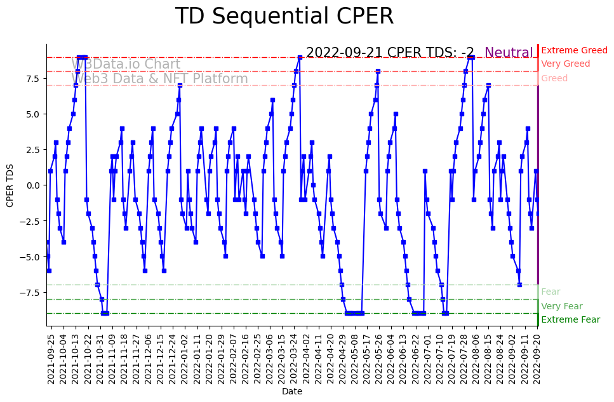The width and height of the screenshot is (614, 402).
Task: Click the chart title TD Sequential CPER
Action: [x=284, y=17]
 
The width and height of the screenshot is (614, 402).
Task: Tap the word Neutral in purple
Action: [x=509, y=53]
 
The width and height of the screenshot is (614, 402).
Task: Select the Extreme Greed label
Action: [x=574, y=50]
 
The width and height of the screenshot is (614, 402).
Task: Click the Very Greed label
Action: [x=565, y=64]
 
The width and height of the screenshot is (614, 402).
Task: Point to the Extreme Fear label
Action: [x=570, y=319]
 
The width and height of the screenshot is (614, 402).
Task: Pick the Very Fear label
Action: [x=561, y=306]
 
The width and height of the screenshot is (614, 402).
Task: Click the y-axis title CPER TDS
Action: [x=10, y=185]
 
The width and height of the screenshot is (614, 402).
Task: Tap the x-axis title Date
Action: [x=292, y=391]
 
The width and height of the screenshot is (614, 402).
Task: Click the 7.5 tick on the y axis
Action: [x=34, y=78]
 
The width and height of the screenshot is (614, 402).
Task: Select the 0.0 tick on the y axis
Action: [x=34, y=185]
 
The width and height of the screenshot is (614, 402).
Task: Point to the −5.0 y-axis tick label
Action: [x=31, y=257]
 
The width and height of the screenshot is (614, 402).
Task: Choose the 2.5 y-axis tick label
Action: [x=34, y=149]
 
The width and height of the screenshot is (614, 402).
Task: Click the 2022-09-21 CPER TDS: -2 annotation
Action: [x=390, y=53]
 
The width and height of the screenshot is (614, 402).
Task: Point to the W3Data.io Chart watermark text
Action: [x=126, y=64]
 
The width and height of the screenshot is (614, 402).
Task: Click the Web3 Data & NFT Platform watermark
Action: [x=159, y=79]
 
